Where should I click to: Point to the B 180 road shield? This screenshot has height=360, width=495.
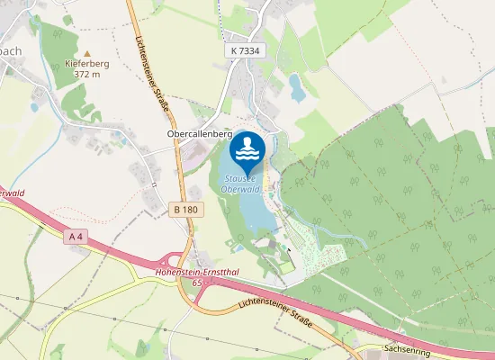pos(184,209)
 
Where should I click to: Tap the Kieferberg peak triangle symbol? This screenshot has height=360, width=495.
pos(87,54)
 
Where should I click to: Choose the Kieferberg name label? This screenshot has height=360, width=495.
pos(88,65)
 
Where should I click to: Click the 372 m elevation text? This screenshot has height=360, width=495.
pos(88,76)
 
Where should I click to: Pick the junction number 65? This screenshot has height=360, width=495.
pos(196,282)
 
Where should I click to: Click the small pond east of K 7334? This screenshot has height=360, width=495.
pos(296,86)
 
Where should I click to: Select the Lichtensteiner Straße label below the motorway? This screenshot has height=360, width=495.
pos(275,315)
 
